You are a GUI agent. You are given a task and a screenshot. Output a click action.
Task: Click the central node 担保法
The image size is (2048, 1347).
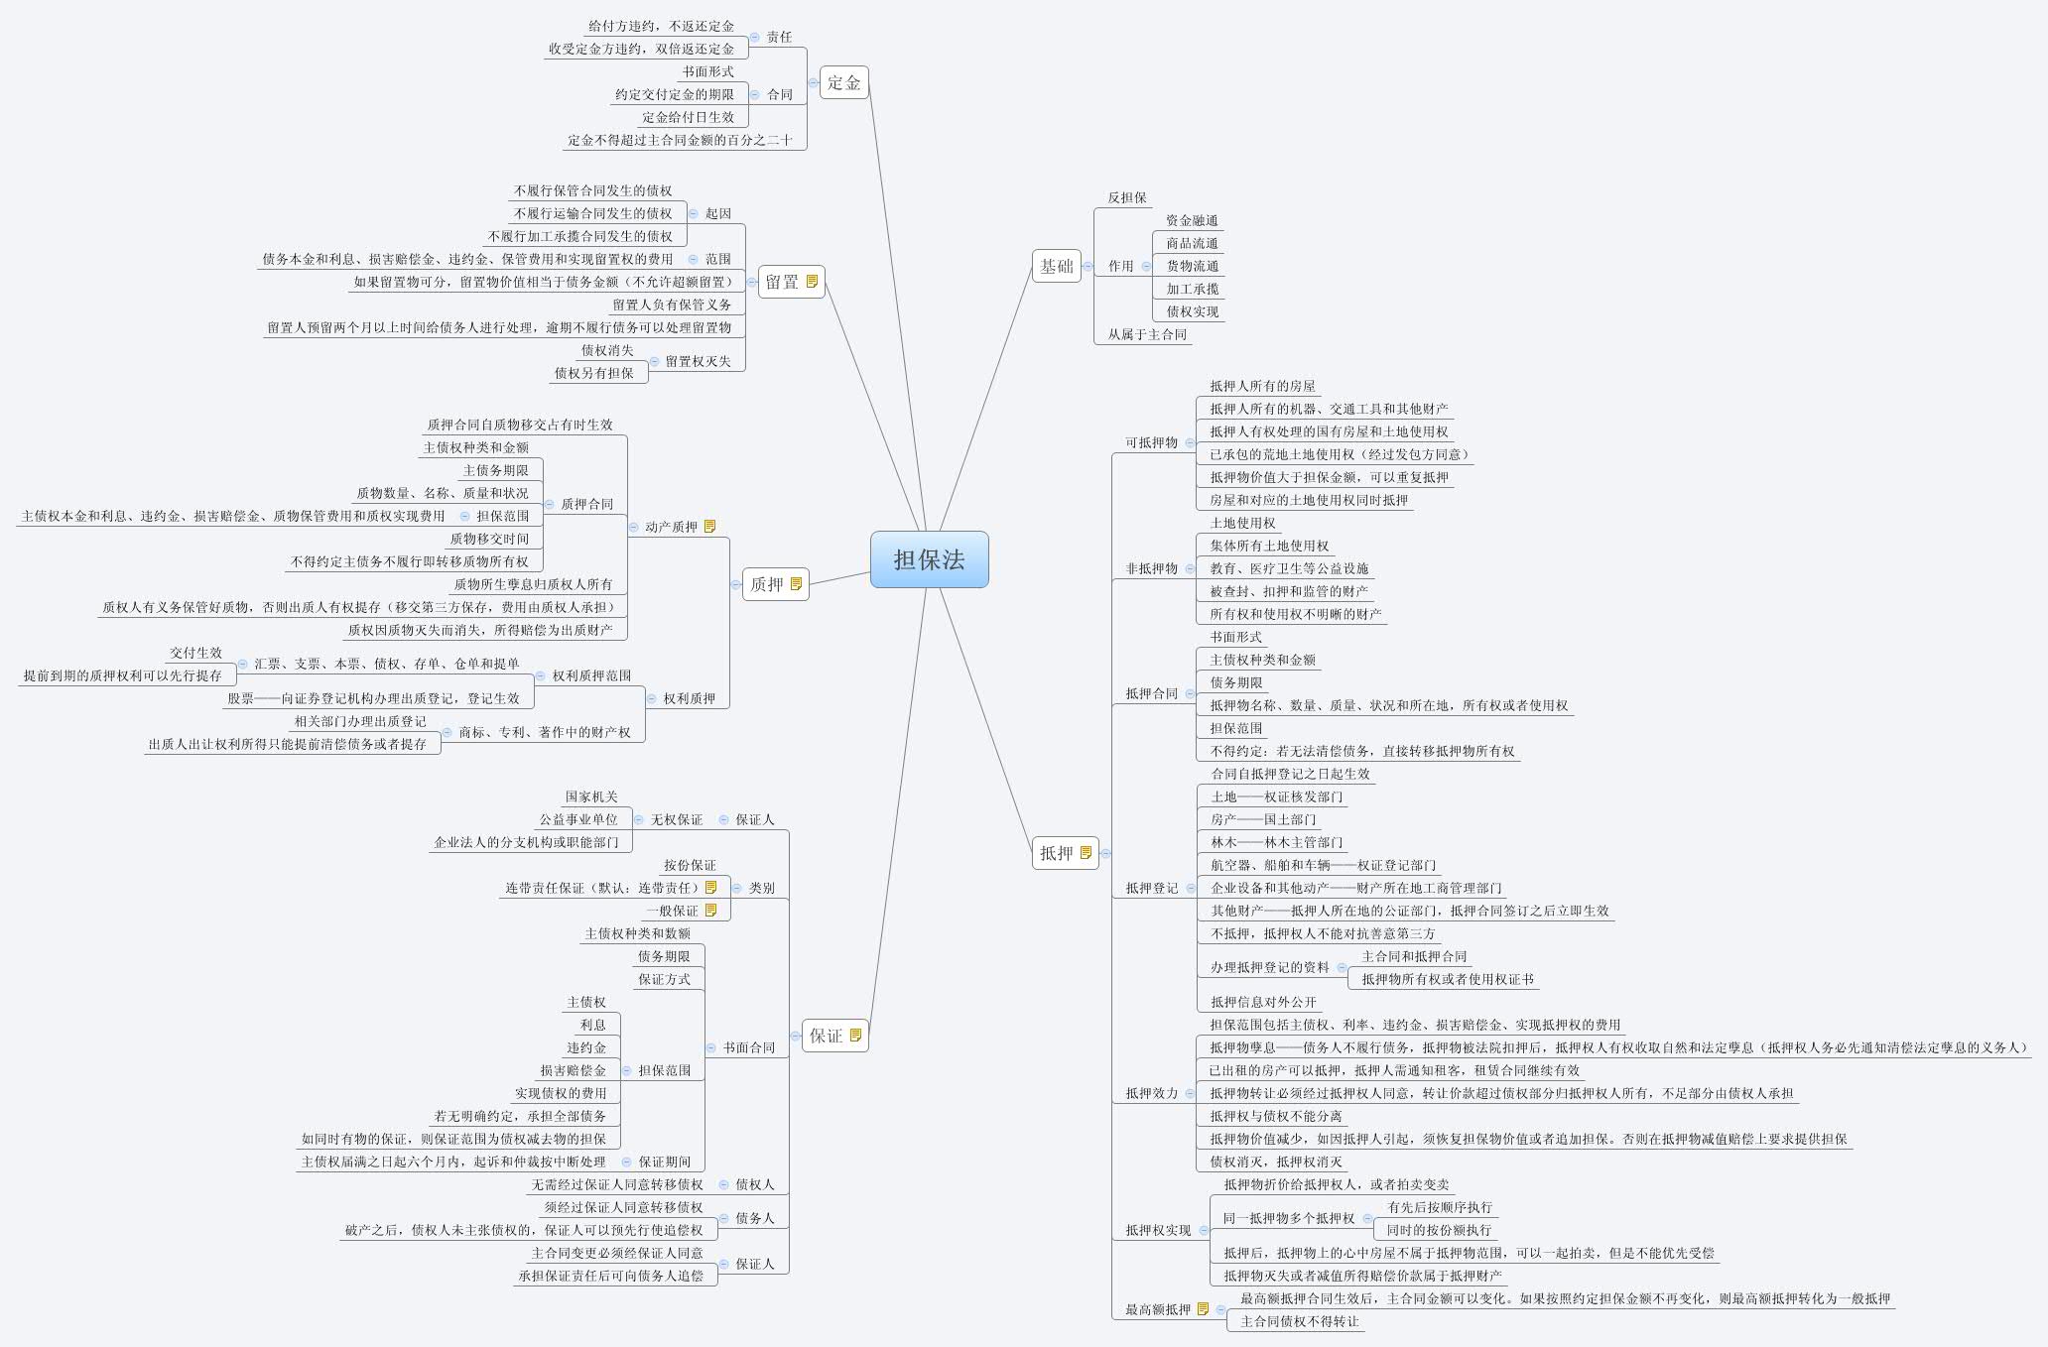[x=929, y=559]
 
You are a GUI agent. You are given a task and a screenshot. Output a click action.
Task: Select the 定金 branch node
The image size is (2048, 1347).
[x=843, y=82]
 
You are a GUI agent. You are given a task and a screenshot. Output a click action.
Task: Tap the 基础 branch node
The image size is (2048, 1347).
[x=1056, y=266]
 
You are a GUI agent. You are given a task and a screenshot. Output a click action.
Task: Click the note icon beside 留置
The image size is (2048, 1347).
[x=813, y=282]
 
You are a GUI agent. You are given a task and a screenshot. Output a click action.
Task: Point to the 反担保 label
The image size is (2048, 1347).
[x=1127, y=197]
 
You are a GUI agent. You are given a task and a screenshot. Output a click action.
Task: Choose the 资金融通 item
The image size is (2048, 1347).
[x=1192, y=220]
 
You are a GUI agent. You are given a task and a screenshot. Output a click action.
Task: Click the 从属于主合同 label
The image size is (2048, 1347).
[x=1147, y=334]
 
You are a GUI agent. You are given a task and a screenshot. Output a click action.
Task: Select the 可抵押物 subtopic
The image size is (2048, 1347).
[x=1151, y=442]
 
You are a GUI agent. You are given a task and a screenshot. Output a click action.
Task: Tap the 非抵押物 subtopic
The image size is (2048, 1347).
[x=1151, y=568]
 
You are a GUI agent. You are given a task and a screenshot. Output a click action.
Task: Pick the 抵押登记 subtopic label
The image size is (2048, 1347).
[x=1151, y=888]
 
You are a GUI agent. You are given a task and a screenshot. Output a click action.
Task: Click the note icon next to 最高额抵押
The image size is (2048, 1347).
[x=1204, y=1309]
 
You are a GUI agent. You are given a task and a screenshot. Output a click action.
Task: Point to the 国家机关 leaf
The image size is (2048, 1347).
[x=591, y=796]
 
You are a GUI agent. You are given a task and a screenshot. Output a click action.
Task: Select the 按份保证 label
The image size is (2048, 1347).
[x=690, y=865]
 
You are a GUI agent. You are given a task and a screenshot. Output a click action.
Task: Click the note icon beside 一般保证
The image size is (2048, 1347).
[x=710, y=911]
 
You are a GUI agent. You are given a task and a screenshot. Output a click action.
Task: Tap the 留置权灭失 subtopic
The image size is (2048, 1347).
[x=698, y=361]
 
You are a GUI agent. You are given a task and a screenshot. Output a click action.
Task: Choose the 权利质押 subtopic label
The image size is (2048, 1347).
[x=689, y=698]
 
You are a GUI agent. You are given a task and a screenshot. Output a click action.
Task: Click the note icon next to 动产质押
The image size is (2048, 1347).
[x=709, y=527]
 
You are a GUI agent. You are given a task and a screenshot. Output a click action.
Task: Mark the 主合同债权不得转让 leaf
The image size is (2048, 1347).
[x=1300, y=1321]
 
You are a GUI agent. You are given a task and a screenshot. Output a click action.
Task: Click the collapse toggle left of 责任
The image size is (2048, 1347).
[x=754, y=37]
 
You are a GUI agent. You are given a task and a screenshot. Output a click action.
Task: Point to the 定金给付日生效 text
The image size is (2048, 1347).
[x=688, y=117]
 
